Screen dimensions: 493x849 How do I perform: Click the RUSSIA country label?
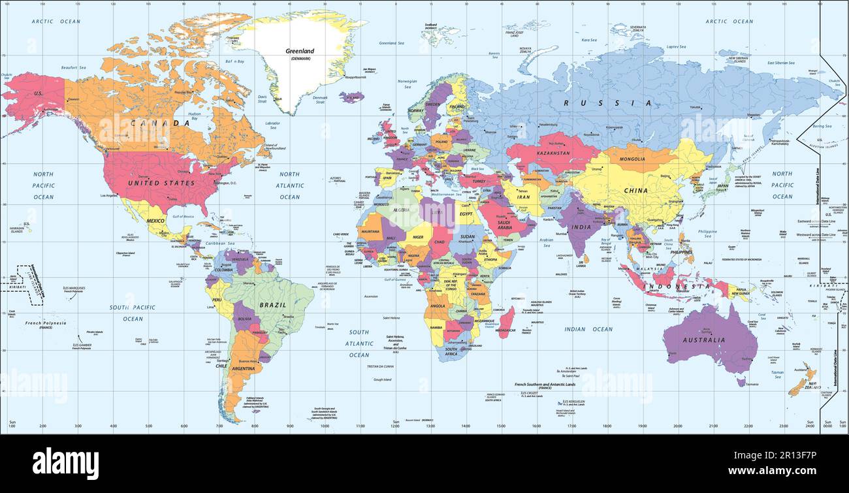click(607, 103)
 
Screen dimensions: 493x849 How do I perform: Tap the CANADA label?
click(151, 123)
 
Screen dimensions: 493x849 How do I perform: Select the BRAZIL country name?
click(274, 305)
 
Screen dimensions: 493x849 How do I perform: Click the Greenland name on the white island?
click(300, 51)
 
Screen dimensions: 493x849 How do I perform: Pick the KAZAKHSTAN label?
click(553, 153)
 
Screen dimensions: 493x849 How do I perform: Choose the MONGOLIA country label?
click(632, 159)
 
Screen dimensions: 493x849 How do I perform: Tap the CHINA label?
click(635, 191)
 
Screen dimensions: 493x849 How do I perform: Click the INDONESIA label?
click(676, 287)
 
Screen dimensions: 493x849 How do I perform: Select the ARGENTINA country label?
click(243, 369)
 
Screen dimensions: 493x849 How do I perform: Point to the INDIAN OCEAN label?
click(588, 329)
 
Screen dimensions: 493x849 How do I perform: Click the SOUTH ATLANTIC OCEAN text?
click(359, 343)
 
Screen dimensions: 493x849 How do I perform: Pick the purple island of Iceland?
click(351, 97)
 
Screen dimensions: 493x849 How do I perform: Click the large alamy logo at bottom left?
click(65, 463)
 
